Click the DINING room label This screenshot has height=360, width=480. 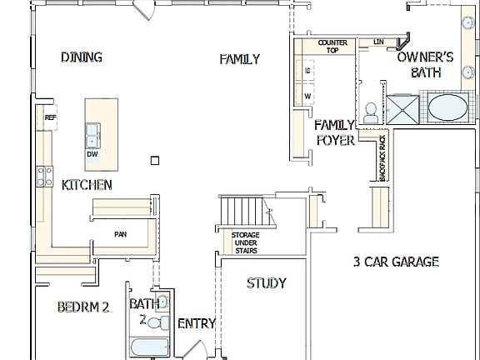point(82,57)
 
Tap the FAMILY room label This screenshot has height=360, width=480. point(239,59)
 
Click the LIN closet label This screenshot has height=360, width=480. point(378,42)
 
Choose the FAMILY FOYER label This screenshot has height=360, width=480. point(335,132)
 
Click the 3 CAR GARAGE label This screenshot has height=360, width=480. point(394,262)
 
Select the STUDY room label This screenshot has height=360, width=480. point(266,283)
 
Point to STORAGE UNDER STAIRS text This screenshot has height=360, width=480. point(244,242)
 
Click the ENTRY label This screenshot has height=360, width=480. point(197,323)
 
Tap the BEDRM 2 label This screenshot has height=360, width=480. point(82,307)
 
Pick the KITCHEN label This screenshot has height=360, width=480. point(87,184)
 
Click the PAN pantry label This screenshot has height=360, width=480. point(120,234)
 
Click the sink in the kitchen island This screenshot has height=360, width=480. point(92,133)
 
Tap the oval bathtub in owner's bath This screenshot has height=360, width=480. point(447,108)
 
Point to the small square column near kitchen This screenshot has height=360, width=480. point(154,159)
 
